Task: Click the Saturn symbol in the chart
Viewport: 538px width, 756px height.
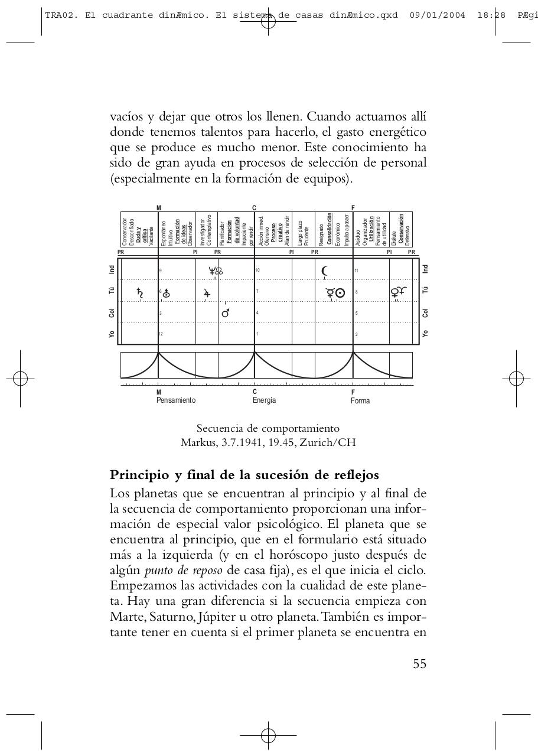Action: point(140,292)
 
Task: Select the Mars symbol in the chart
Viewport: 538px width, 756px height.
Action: point(225,313)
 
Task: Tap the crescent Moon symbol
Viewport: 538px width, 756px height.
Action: point(324,271)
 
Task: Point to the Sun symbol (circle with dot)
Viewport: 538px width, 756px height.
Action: point(340,292)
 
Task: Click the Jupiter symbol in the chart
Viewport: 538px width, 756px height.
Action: point(207,292)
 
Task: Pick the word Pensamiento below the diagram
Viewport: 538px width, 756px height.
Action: point(176,400)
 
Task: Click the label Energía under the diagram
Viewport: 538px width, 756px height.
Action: point(264,400)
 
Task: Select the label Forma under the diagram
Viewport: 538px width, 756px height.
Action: point(360,400)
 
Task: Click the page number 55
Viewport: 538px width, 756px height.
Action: point(419,664)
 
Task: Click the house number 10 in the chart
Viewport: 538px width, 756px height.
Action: point(257,271)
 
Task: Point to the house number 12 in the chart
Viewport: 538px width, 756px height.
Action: point(161,334)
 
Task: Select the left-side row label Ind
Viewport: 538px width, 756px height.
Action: point(112,269)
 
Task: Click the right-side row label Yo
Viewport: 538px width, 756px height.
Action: point(425,334)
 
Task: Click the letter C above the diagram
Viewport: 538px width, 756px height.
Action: point(255,208)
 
